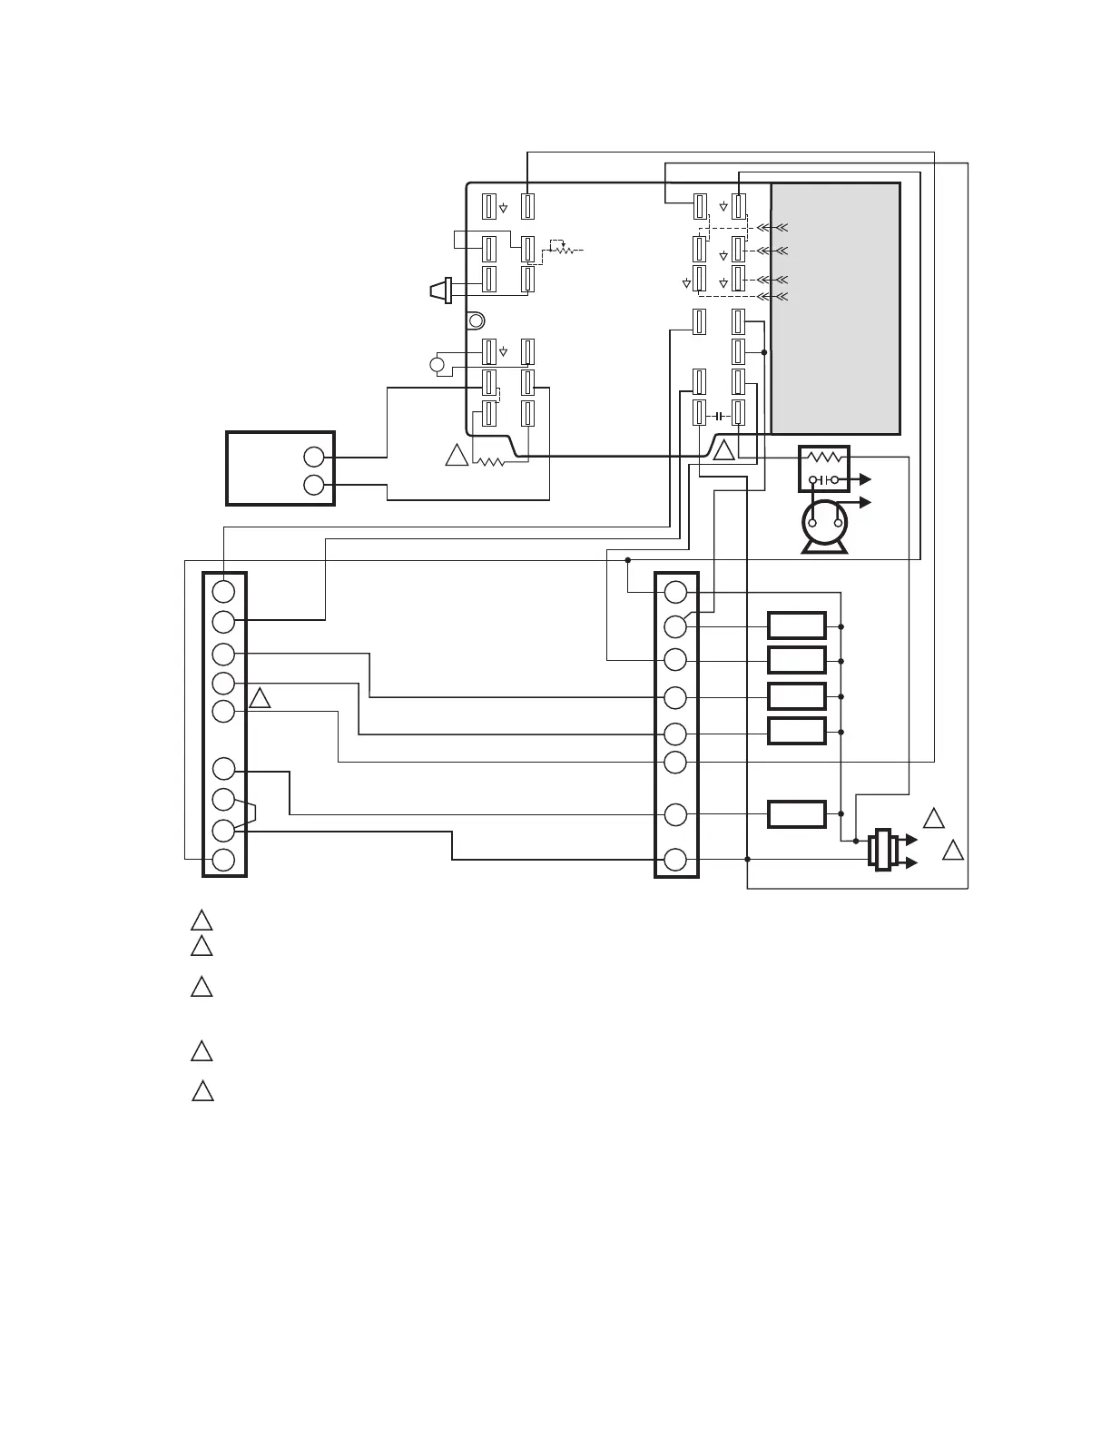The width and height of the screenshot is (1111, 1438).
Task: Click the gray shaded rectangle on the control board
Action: click(x=835, y=309)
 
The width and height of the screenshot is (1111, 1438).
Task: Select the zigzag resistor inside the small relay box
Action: click(x=824, y=458)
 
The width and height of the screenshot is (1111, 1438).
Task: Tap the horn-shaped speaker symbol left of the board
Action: click(x=441, y=291)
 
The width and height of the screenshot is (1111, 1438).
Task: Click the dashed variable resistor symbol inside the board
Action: click(x=563, y=247)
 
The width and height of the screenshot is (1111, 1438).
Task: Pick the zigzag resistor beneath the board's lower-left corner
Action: click(x=490, y=461)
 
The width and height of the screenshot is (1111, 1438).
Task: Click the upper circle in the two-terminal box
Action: click(x=313, y=457)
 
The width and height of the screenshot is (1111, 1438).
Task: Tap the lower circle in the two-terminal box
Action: click(x=313, y=485)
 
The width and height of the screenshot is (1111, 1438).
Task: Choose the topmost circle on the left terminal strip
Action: click(x=223, y=591)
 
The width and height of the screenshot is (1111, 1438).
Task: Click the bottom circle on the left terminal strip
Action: click(x=223, y=859)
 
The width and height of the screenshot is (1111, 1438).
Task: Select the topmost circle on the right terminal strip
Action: click(x=675, y=592)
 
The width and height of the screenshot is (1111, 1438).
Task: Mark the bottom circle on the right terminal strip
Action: click(x=675, y=859)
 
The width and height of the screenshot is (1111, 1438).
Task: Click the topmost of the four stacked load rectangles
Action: click(x=797, y=625)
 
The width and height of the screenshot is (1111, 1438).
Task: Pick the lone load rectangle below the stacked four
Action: click(x=797, y=814)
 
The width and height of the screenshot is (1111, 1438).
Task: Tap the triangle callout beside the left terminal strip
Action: click(x=260, y=698)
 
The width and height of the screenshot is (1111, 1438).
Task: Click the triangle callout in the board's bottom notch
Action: click(x=723, y=451)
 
